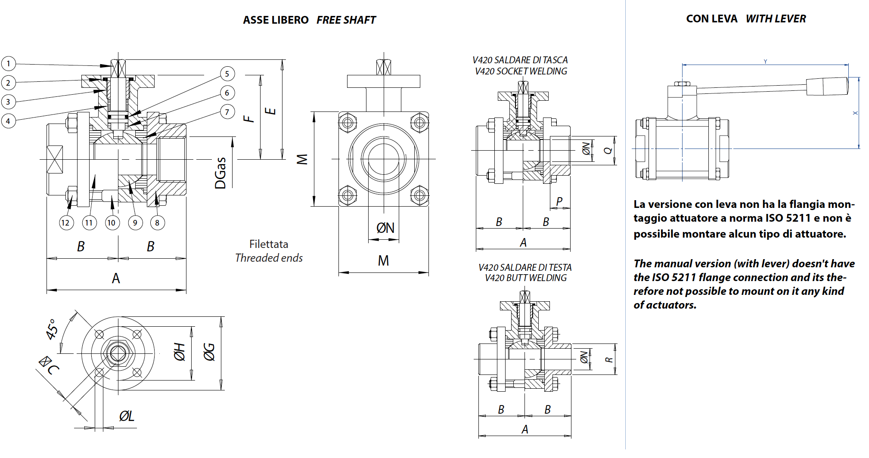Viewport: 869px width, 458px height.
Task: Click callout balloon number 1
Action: [x=8, y=64]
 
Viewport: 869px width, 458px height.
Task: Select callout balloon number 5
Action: [x=227, y=74]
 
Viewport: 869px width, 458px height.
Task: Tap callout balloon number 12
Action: [x=65, y=223]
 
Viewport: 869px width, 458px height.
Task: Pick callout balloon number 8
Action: [x=157, y=223]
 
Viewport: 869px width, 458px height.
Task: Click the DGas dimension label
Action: [x=220, y=173]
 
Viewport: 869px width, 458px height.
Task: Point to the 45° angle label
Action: [x=52, y=329]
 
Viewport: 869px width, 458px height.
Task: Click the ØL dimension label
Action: [x=127, y=416]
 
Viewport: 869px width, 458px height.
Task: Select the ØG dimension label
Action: [x=209, y=352]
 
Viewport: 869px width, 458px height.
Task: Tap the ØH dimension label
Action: [x=180, y=352]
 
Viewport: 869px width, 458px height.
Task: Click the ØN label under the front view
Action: [x=385, y=228]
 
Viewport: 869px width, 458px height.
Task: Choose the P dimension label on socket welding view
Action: [x=559, y=201]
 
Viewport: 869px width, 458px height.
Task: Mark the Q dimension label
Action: [x=608, y=150]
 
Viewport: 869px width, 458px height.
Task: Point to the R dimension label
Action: [x=608, y=359]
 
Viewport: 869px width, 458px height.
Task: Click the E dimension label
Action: [x=270, y=111]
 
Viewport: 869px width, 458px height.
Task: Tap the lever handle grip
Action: [x=827, y=87]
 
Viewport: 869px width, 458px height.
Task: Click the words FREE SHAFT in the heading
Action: [x=346, y=20]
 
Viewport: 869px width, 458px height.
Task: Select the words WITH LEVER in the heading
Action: [x=776, y=19]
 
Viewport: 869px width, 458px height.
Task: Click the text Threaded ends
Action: [x=269, y=258]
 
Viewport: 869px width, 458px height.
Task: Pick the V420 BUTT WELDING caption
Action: [x=525, y=278]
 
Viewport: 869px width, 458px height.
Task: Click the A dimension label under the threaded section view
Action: [x=115, y=279]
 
